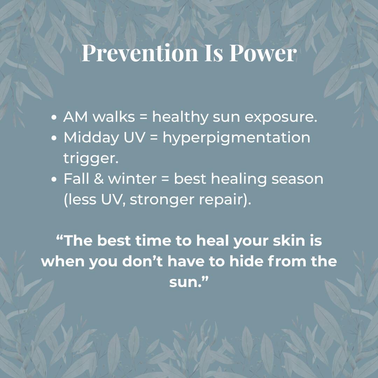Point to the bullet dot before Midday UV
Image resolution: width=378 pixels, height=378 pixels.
click(x=54, y=138)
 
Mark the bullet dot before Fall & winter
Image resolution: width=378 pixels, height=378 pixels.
click(x=54, y=179)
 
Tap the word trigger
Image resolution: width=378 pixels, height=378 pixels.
click(x=91, y=159)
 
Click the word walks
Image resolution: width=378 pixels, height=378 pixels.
click(x=113, y=118)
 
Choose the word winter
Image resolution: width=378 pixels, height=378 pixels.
click(x=132, y=179)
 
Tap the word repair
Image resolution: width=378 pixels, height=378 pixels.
click(x=223, y=199)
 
